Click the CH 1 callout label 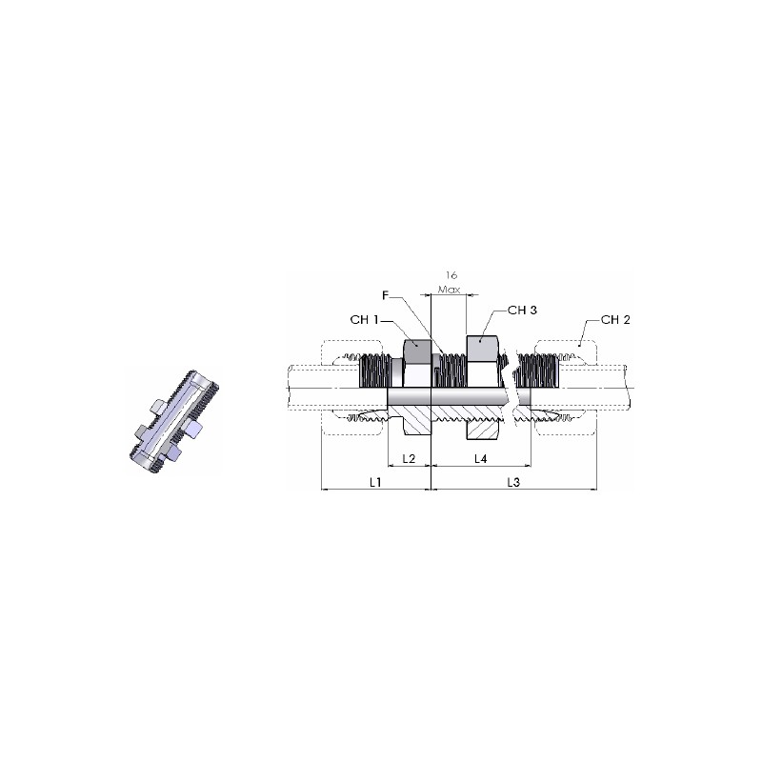364,320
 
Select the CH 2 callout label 615,320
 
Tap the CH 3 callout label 522,311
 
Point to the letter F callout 386,295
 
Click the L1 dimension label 375,482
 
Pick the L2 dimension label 410,458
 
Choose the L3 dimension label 513,482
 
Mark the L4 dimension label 481,458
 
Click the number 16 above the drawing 451,275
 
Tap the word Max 449,290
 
